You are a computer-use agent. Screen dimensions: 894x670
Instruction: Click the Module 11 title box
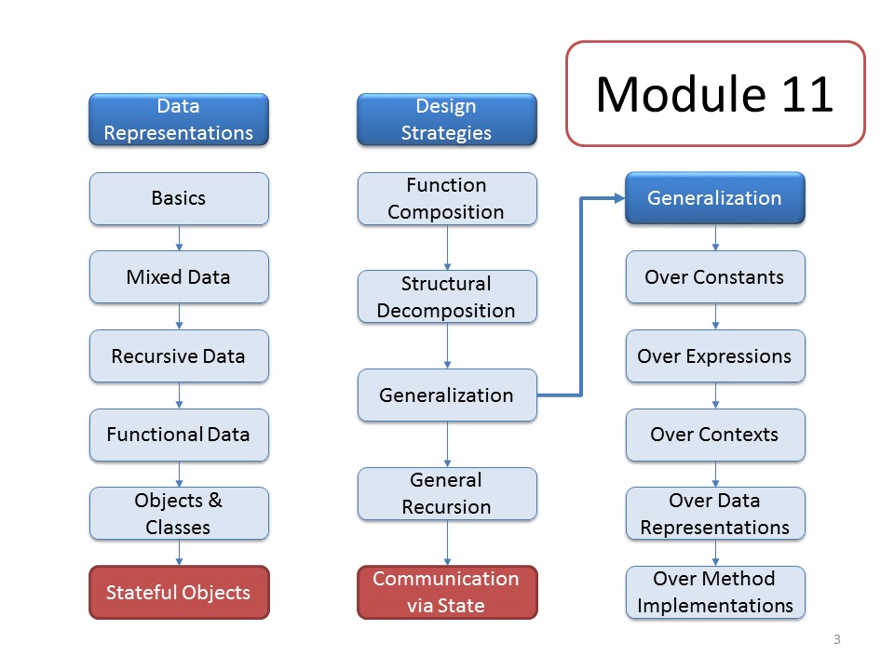(x=715, y=93)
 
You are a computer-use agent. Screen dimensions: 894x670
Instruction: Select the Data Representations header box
(x=179, y=119)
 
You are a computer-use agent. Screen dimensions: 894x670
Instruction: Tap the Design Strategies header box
(x=446, y=119)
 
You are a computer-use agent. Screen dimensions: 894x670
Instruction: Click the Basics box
(x=179, y=198)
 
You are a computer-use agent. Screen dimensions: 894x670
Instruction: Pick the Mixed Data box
(x=179, y=277)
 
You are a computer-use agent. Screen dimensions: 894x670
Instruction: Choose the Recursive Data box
(x=179, y=356)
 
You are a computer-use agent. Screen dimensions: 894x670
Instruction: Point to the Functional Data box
(x=179, y=435)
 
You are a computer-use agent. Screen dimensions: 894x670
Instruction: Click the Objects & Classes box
(x=179, y=514)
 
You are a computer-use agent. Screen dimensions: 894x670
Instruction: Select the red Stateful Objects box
(x=179, y=592)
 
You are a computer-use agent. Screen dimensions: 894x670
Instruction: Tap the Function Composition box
(x=447, y=198)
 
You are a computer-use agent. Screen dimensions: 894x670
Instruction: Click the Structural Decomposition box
(x=447, y=297)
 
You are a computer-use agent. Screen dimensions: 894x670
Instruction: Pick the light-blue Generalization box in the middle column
(x=447, y=395)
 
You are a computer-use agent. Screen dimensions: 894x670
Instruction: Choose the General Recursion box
(x=447, y=493)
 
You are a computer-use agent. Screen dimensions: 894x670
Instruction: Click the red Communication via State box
(x=447, y=592)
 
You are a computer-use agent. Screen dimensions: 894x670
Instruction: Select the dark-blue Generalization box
(x=715, y=197)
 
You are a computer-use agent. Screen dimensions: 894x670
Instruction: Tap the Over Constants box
(x=715, y=277)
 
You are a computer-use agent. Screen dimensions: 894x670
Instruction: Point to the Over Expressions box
(x=715, y=356)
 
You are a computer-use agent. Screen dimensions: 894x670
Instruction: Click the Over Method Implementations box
(x=715, y=592)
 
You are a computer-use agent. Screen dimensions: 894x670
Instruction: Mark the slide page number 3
(x=837, y=639)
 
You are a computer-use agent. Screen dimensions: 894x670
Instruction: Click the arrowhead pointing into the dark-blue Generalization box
(x=620, y=198)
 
